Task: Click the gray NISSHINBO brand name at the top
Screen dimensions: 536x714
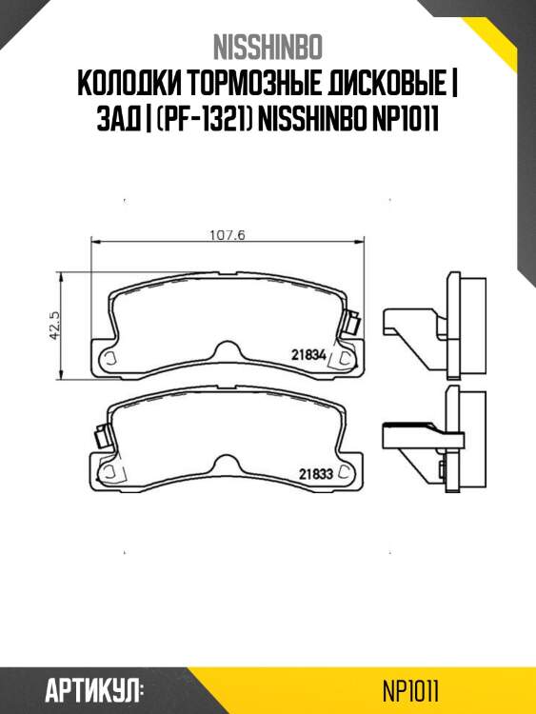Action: click(x=268, y=48)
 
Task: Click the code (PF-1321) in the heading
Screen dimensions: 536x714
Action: click(x=202, y=120)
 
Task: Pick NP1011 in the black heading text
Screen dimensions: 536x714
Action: click(x=405, y=120)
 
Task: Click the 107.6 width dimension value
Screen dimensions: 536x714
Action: click(x=228, y=235)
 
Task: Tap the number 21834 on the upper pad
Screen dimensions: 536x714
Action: click(x=309, y=355)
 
